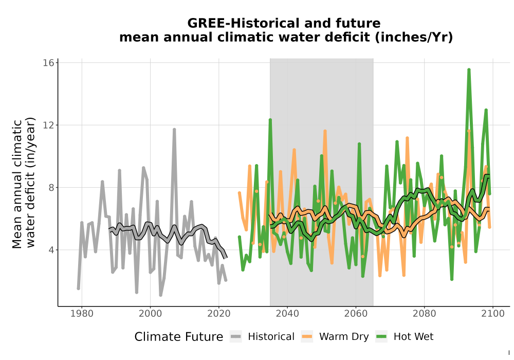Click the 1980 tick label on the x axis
(x=82, y=314)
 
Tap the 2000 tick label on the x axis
(x=150, y=314)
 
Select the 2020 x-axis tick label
(x=218, y=314)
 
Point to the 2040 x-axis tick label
(x=287, y=314)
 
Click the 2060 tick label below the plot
(x=356, y=314)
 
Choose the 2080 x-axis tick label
(x=424, y=314)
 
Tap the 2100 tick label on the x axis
(x=493, y=314)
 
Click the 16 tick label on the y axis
(x=48, y=63)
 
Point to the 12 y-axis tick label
(x=48, y=125)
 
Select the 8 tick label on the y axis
(x=51, y=188)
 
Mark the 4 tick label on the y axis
(x=51, y=250)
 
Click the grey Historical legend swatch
(x=236, y=337)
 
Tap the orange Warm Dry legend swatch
(x=307, y=337)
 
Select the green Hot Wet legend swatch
(x=381, y=337)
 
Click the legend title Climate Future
(x=179, y=337)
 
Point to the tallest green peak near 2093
(x=469, y=69)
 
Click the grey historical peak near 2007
(x=174, y=130)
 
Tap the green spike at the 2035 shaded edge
(x=270, y=120)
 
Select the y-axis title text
(x=23, y=183)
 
